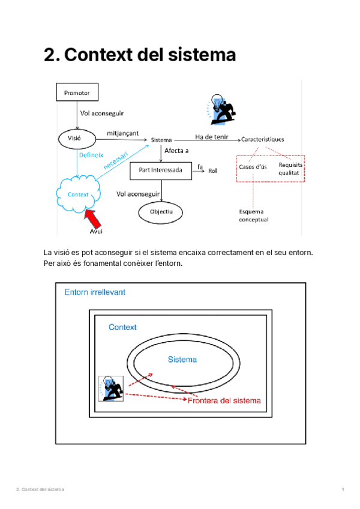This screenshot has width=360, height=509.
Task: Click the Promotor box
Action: (77, 92)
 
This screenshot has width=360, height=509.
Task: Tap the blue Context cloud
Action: (78, 194)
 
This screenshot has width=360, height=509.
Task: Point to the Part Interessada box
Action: (161, 170)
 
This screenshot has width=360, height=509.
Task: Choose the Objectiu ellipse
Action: (161, 212)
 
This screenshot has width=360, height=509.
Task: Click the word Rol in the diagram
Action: (212, 171)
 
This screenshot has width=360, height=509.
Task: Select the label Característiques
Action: (263, 139)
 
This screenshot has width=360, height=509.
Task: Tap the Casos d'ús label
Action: (253, 166)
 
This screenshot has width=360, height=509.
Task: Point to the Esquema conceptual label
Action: (253, 215)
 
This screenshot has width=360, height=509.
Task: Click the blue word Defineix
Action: (92, 154)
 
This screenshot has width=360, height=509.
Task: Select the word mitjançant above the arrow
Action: (123, 133)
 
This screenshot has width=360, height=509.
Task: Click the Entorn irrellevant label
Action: (95, 292)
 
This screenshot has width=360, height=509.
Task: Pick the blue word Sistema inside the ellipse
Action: (182, 360)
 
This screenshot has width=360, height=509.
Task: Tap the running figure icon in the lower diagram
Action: (112, 388)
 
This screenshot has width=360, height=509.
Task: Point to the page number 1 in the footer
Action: (342, 490)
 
